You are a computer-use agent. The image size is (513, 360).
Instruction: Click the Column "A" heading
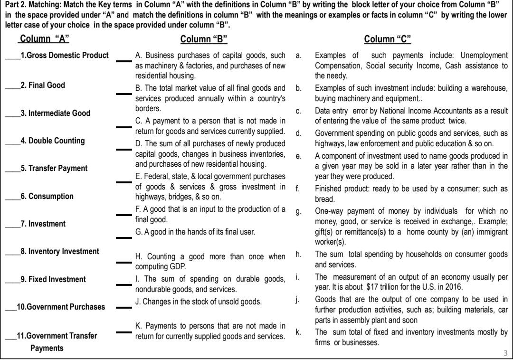[47, 39]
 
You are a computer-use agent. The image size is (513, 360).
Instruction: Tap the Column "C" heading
[388, 39]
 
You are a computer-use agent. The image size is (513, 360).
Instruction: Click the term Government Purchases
[61, 307]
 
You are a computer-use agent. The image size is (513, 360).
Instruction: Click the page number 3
[505, 352]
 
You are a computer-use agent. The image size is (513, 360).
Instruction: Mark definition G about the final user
[195, 232]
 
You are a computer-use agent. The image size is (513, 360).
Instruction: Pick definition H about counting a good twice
[210, 261]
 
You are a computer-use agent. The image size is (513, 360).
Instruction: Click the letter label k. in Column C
[298, 332]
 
